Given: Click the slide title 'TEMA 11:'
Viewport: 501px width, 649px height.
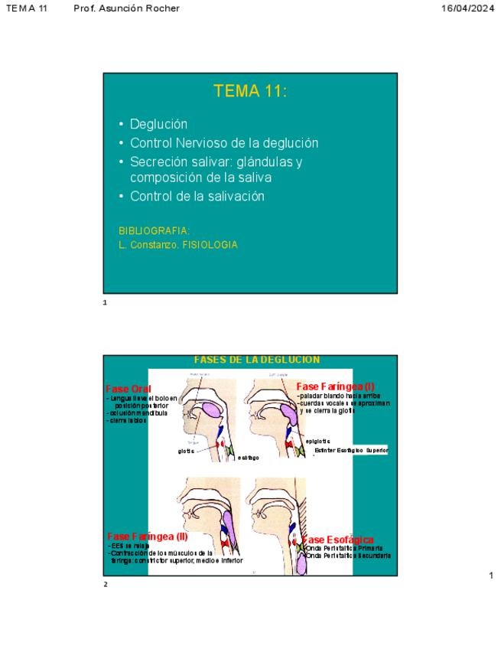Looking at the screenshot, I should [250, 92].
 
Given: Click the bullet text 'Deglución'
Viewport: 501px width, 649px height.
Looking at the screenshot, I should [158, 124].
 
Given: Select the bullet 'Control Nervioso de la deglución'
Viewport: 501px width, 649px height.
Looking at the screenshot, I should [224, 143].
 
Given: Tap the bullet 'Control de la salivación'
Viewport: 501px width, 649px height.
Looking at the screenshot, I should [197, 196].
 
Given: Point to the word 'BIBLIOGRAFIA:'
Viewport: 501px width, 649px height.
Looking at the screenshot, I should [155, 230].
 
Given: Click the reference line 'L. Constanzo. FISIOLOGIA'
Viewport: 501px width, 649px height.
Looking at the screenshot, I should [178, 245].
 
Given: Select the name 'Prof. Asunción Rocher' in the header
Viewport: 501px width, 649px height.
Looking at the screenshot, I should [127, 8].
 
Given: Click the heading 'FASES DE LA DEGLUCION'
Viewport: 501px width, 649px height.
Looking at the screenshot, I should [256, 360].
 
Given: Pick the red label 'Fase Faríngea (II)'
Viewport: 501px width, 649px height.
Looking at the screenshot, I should [147, 536].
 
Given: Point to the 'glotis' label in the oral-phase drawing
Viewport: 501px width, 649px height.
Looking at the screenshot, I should [186, 451].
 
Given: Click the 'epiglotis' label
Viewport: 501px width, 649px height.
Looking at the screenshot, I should [317, 441].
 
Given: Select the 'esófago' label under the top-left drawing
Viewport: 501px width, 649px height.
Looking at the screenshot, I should [248, 458].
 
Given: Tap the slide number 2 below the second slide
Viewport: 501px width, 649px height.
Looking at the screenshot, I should [106, 585].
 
